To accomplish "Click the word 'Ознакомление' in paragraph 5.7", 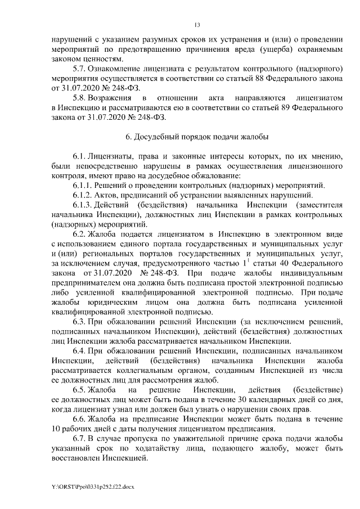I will point(116,69).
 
